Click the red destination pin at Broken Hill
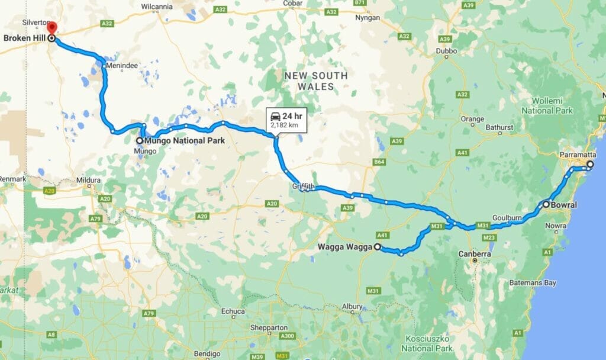pyautogui.click(x=51, y=28)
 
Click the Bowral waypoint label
pyautogui.click(x=565, y=205)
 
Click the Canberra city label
pyautogui.click(x=475, y=254)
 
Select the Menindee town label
pyautogui.click(x=120, y=66)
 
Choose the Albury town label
pyautogui.click(x=352, y=306)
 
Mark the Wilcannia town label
pyautogui.click(x=157, y=7)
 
